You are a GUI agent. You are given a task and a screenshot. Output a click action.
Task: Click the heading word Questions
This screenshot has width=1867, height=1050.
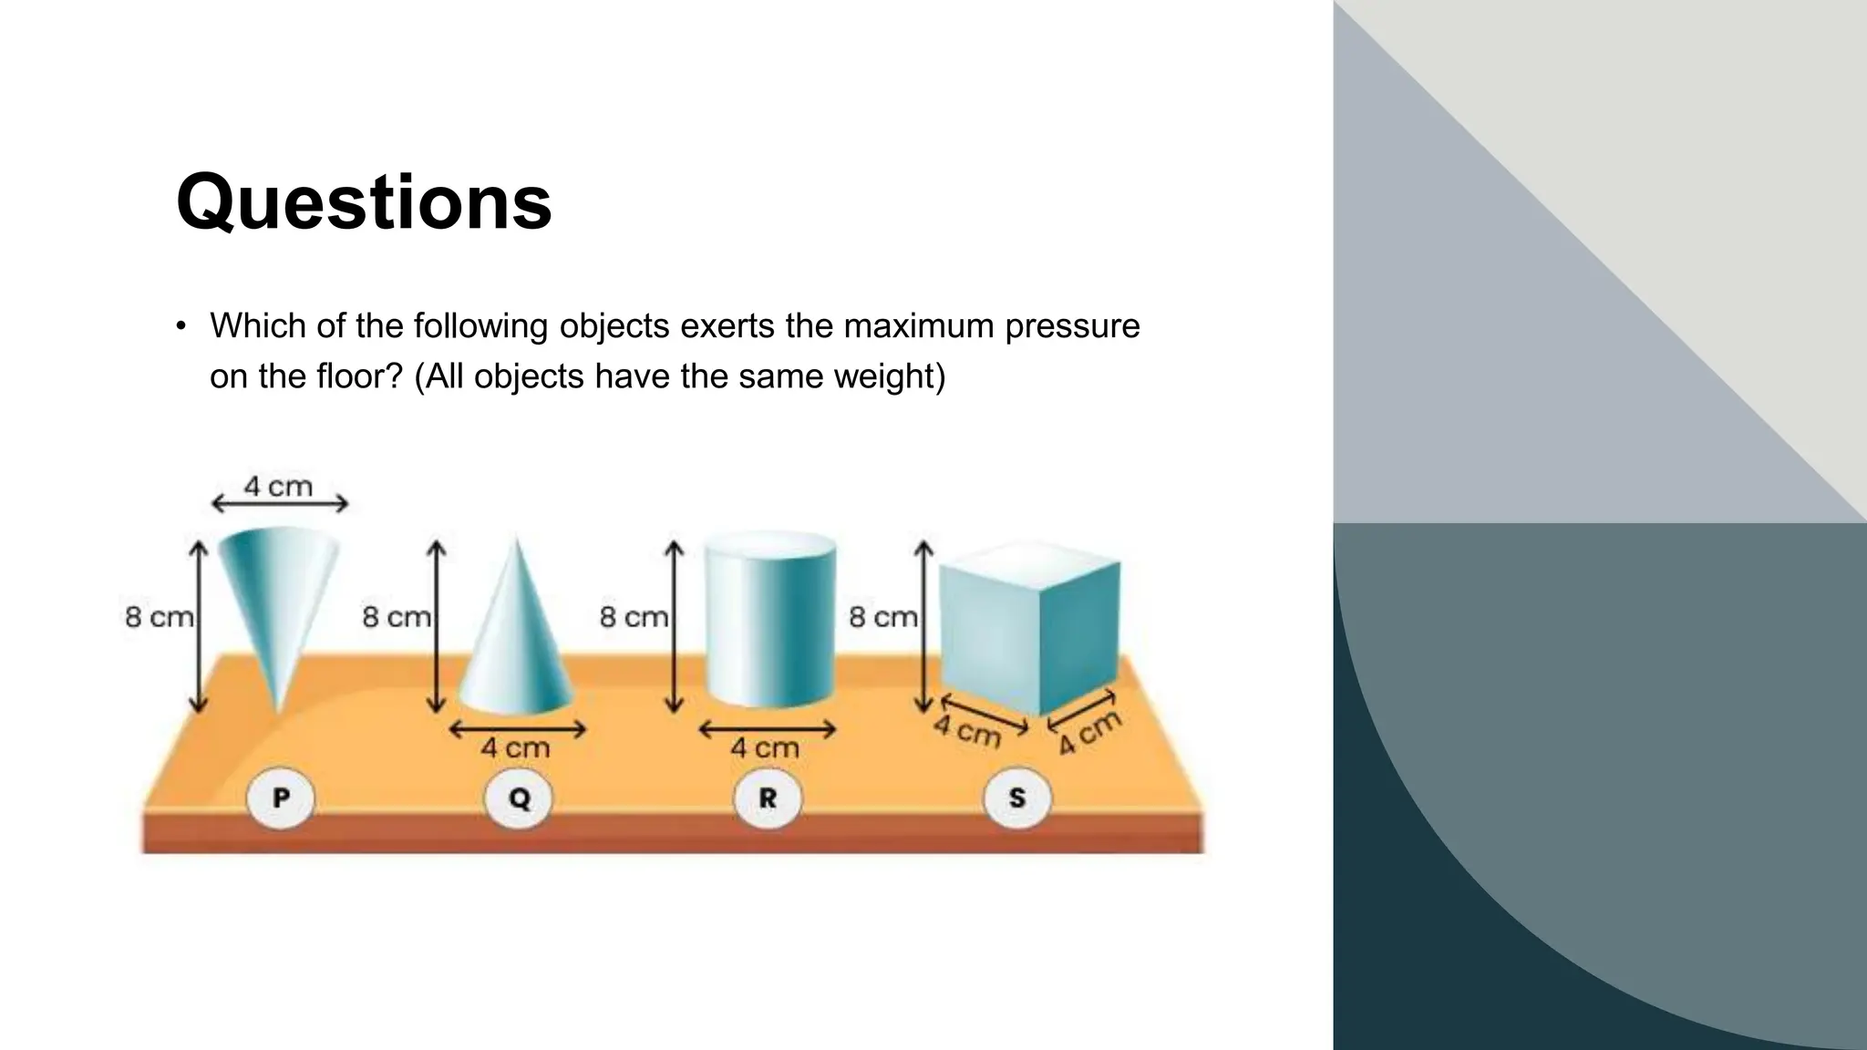(364, 202)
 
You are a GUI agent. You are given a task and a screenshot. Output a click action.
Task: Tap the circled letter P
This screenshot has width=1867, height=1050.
(281, 798)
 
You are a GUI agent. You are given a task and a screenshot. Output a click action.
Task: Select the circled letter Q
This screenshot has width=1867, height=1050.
(519, 799)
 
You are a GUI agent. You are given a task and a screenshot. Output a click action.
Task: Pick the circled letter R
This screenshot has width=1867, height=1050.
(768, 799)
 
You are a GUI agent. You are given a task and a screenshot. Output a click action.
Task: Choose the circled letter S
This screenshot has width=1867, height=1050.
(1017, 799)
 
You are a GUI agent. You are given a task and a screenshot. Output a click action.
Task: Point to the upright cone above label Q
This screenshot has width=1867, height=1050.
(517, 638)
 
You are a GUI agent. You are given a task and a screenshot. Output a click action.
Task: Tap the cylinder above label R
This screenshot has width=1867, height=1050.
(770, 624)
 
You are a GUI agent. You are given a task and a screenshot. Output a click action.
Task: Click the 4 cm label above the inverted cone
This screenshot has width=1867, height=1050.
(278, 487)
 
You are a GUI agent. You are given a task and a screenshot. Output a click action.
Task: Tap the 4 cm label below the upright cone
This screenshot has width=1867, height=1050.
(516, 748)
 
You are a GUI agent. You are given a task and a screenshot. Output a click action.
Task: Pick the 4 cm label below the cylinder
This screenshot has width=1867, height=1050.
(765, 748)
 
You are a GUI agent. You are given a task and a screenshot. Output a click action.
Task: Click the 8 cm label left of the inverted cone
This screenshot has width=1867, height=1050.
(160, 617)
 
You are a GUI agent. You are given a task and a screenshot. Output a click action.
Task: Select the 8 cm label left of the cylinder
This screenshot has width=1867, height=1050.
(634, 617)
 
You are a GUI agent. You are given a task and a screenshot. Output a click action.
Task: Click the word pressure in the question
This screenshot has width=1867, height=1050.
(1072, 326)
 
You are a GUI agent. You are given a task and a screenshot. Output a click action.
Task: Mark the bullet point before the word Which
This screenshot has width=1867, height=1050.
(181, 326)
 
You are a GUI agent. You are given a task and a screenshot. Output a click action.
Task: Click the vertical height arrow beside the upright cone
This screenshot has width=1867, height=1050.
(437, 627)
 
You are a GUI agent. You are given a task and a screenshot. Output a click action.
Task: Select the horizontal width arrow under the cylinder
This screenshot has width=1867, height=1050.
(767, 729)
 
